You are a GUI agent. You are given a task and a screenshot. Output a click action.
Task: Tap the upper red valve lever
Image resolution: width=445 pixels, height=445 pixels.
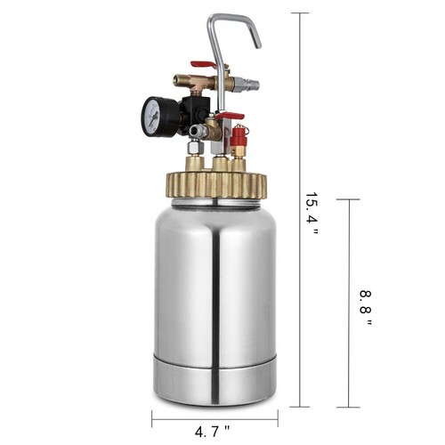(x=204, y=65)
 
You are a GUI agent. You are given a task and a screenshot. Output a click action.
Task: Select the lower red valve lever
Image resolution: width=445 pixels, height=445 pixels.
(x=229, y=116)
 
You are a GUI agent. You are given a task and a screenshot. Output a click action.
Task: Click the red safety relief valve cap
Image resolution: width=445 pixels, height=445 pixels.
(x=238, y=139)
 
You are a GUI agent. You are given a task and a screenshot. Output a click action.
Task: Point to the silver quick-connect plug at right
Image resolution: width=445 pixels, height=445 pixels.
(x=250, y=85)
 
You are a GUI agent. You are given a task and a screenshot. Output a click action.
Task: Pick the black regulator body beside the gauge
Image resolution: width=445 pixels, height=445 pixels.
(x=192, y=110)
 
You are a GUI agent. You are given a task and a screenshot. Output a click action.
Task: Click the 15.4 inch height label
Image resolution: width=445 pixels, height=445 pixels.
(x=311, y=213)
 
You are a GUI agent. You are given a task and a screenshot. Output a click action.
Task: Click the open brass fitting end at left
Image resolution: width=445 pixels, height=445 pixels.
(x=178, y=81)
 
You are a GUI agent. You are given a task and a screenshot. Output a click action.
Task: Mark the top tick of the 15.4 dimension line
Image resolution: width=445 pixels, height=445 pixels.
(x=299, y=13)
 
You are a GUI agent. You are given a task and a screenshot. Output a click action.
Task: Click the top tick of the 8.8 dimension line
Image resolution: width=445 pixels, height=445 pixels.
(x=349, y=199)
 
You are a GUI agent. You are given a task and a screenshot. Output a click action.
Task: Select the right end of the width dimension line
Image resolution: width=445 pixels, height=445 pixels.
(x=278, y=417)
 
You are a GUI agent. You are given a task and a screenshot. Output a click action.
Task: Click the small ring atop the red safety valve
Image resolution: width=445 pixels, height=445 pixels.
(x=238, y=127)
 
